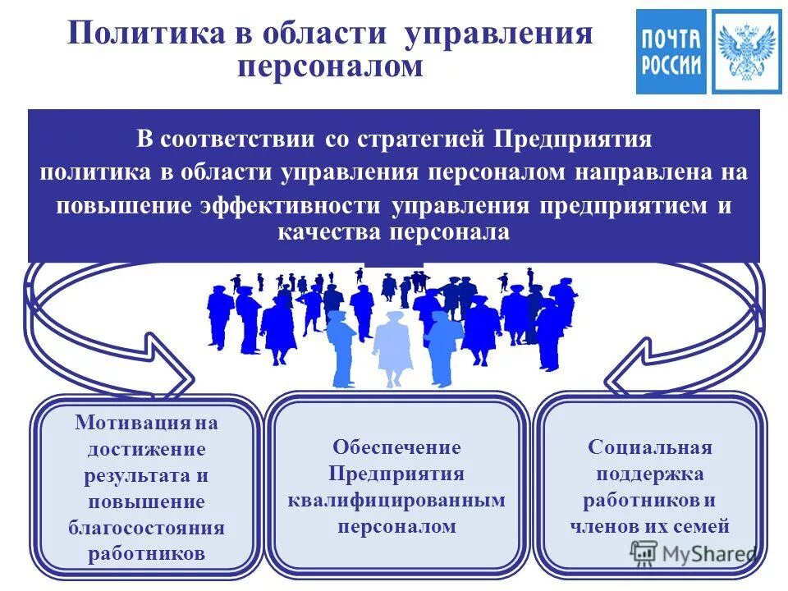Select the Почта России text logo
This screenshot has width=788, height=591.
(671, 51)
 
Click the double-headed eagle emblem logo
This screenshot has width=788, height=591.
(746, 51)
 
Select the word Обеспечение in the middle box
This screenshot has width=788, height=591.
(396, 448)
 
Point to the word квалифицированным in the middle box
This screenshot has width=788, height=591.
(396, 500)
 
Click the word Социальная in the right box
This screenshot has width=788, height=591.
(649, 448)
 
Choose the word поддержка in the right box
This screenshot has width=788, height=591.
(649, 474)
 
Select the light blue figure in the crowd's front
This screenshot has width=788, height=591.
(392, 345)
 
